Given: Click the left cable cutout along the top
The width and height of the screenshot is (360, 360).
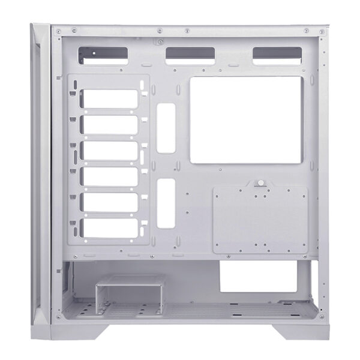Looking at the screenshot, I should [103, 55].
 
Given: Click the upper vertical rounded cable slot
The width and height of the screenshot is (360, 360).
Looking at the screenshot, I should [167, 127].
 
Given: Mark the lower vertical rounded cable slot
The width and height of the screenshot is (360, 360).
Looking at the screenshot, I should [167, 203].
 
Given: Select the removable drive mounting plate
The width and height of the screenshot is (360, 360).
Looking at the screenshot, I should [260, 220].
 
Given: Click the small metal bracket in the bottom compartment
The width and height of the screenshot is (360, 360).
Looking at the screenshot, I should [130, 290].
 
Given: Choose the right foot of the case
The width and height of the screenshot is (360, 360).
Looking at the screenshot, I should [298, 331].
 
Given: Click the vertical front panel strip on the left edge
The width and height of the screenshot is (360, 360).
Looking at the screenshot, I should [40, 174].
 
